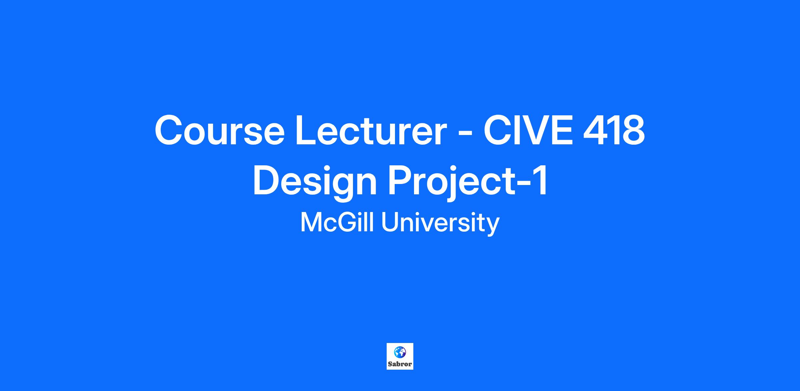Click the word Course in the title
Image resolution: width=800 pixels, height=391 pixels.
pos(219,130)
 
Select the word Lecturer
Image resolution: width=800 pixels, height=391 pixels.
pos(371,130)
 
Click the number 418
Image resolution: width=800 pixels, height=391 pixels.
pos(614,130)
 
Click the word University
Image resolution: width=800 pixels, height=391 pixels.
pos(440,223)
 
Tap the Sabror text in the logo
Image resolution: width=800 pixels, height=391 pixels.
pos(400,364)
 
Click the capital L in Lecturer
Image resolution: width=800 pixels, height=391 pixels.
pos(307,130)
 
